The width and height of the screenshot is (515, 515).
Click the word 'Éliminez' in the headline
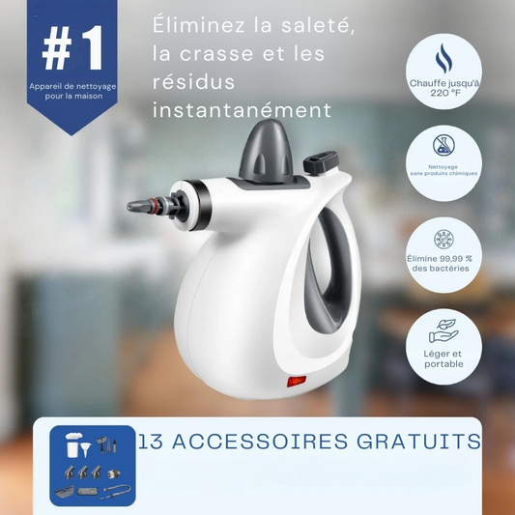tap(199, 27)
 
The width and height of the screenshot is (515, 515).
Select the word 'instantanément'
tap(243, 111)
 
